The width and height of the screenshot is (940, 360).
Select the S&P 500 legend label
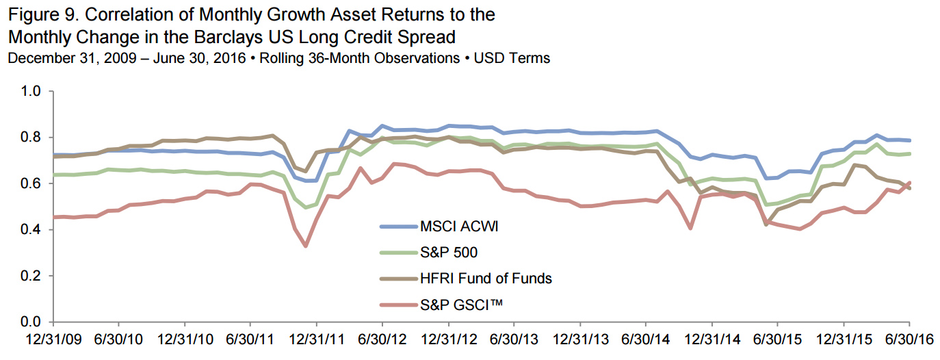point(448,253)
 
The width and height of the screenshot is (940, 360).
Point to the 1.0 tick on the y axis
point(33,91)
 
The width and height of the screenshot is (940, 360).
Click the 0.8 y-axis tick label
point(33,138)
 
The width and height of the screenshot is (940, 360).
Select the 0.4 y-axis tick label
point(33,230)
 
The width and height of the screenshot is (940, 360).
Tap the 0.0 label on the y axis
point(33,322)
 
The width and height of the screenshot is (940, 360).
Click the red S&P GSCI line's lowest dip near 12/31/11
point(305,246)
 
